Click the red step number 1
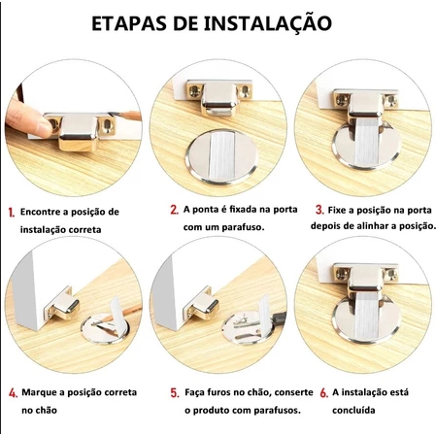click(x=12, y=213)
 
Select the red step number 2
click(x=175, y=210)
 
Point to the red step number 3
click(x=319, y=210)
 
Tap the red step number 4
click(x=13, y=393)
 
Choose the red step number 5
click(x=175, y=393)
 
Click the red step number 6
click(x=324, y=393)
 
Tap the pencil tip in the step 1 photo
click(x=112, y=114)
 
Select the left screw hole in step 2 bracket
click(x=194, y=91)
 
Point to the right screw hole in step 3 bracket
click(x=391, y=101)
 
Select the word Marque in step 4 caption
click(x=36, y=393)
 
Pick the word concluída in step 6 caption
click(x=353, y=411)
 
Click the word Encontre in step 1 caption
click(x=41, y=212)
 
